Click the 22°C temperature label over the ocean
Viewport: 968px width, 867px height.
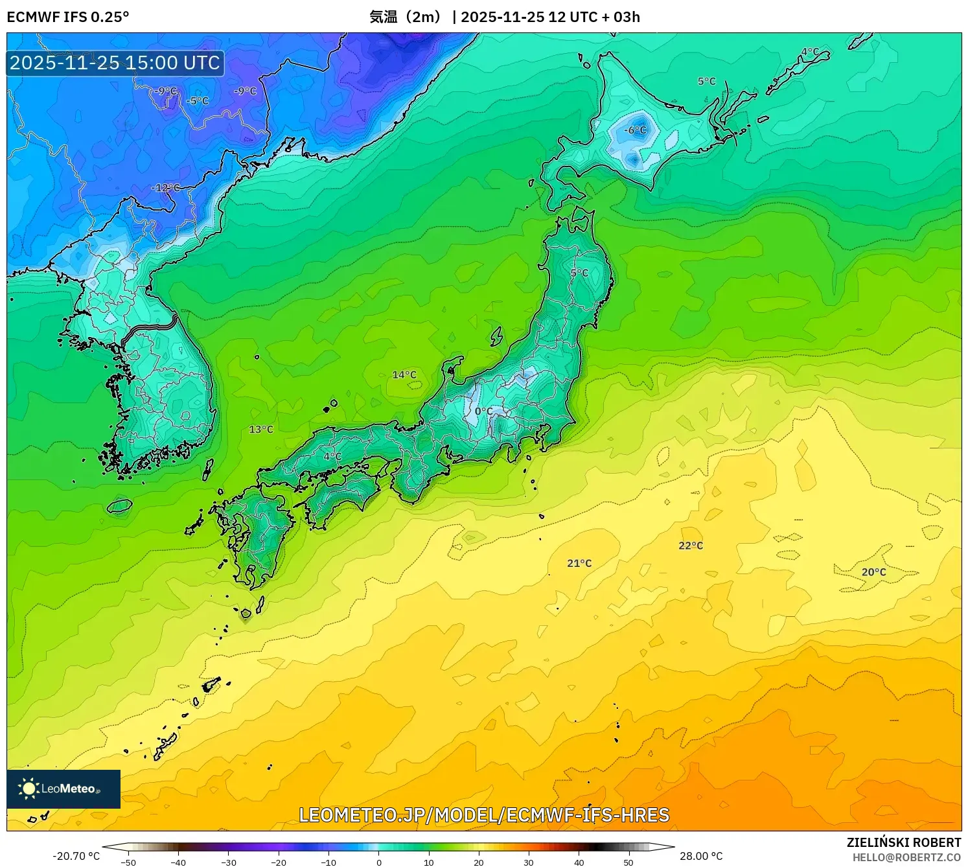click(x=691, y=546)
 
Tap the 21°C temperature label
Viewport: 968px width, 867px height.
click(x=579, y=563)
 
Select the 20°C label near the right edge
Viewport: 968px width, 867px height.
click(x=873, y=572)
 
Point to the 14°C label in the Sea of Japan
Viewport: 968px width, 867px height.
click(x=404, y=375)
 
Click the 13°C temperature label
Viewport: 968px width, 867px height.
click(x=261, y=430)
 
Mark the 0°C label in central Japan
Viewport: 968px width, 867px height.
click(x=483, y=411)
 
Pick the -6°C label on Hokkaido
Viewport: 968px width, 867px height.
click(x=635, y=130)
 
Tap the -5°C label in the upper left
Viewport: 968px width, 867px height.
click(x=197, y=101)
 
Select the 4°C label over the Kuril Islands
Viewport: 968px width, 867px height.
click(x=810, y=52)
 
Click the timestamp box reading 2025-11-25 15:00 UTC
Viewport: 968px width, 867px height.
click(x=115, y=63)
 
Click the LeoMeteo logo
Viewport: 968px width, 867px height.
click(x=63, y=789)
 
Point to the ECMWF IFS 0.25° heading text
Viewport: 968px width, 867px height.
click(x=68, y=17)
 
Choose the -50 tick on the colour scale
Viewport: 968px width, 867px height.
click(x=128, y=862)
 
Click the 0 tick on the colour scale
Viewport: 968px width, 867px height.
click(x=379, y=862)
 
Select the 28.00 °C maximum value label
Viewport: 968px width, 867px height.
click(x=701, y=856)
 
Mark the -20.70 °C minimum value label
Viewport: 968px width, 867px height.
click(x=76, y=856)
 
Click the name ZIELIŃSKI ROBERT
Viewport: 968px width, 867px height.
click(x=904, y=842)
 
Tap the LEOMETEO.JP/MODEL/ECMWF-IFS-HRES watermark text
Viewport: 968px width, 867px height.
click(x=484, y=815)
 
